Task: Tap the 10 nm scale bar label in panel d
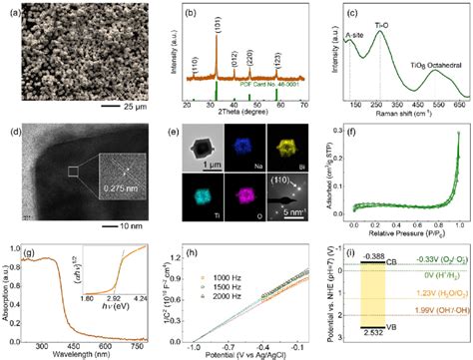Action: point(137,225)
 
